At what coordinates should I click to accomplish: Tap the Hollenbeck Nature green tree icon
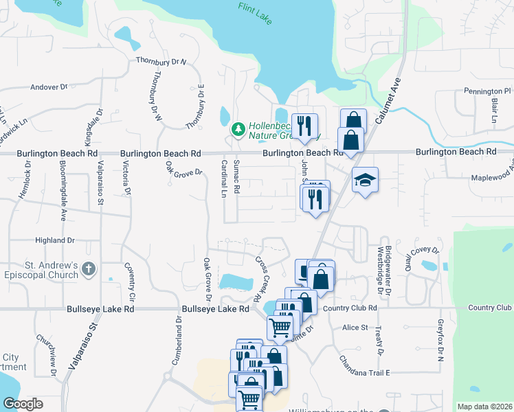pos(238,128)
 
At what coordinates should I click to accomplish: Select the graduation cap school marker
pos(365,180)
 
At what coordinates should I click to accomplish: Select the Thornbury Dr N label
pos(161,62)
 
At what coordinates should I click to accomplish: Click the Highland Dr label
pos(55,240)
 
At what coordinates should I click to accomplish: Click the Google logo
pos(23,403)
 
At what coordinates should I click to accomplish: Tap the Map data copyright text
pos(484,407)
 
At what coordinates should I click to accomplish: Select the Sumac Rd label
pos(236,176)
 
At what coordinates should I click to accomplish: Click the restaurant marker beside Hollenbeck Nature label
pos(304,125)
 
